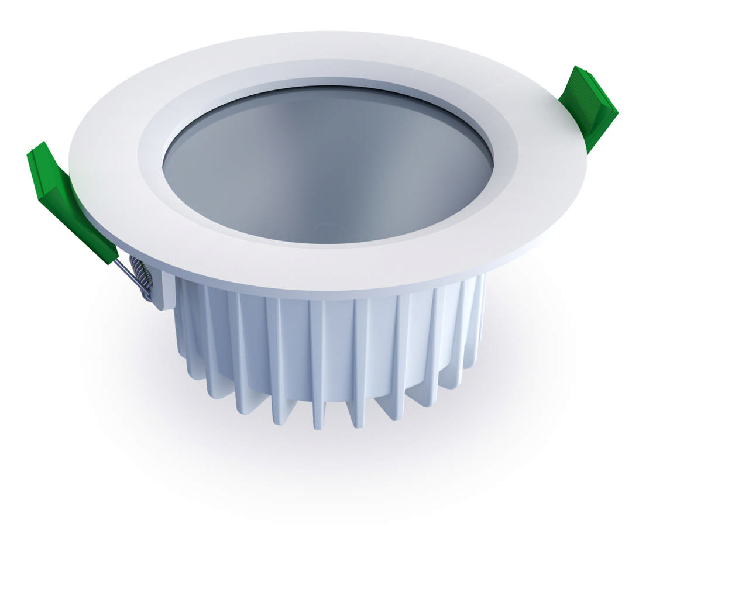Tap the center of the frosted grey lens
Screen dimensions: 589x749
pyautogui.click(x=328, y=167)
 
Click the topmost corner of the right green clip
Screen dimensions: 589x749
pyautogui.click(x=576, y=68)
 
